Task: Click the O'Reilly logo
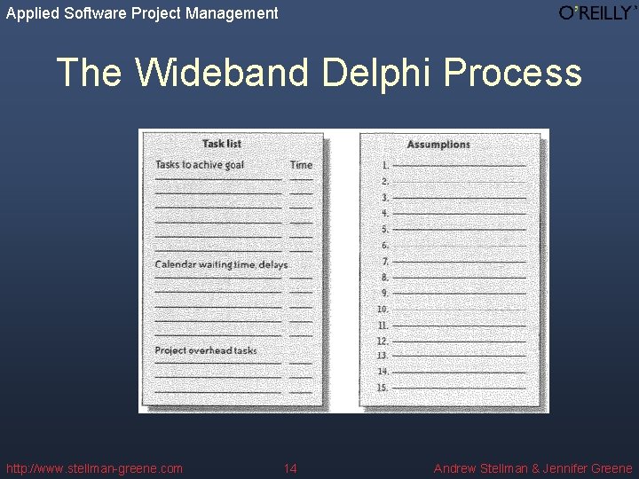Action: (596, 12)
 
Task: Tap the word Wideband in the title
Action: (221, 72)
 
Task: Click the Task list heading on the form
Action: (221, 144)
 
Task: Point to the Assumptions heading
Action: (438, 145)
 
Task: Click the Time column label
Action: (301, 165)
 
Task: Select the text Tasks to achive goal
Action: (199, 165)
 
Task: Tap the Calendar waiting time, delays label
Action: (221, 264)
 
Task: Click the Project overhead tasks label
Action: (205, 350)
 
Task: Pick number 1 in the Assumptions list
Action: (385, 165)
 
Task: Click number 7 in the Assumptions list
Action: (385, 262)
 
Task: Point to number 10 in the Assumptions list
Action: (383, 310)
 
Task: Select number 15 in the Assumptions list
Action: (383, 388)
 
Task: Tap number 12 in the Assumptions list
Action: (383, 341)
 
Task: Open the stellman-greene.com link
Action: (94, 468)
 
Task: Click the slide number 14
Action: (290, 468)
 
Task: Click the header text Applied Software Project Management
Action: (142, 13)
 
